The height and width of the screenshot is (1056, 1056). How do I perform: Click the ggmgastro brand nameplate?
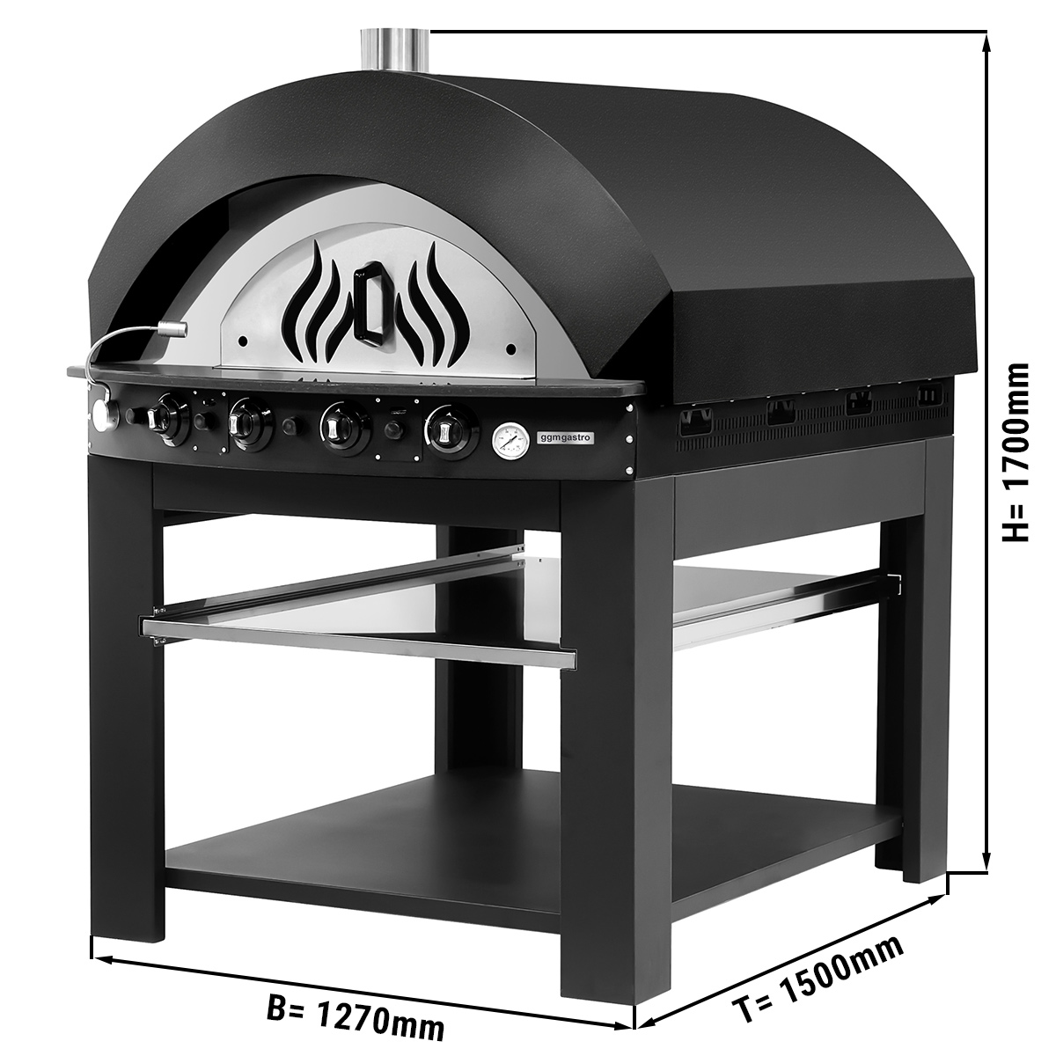point(557,436)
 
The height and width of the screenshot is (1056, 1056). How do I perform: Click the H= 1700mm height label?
point(1016,451)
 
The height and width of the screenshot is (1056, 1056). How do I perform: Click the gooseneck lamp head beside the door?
point(172,329)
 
